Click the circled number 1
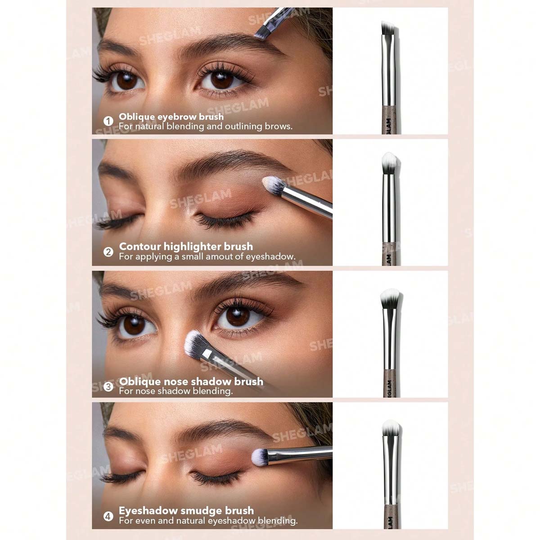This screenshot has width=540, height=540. pyautogui.click(x=108, y=121)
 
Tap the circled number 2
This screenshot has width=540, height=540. pyautogui.click(x=108, y=252)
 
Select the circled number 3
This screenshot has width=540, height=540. pyautogui.click(x=108, y=387)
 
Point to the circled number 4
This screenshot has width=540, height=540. pyautogui.click(x=108, y=516)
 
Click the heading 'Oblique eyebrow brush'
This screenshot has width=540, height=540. pyautogui.click(x=171, y=117)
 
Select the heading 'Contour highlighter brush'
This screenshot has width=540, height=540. pyautogui.click(x=186, y=247)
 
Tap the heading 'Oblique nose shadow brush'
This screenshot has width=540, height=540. pyautogui.click(x=191, y=382)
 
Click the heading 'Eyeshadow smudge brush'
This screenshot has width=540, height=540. pyautogui.click(x=186, y=511)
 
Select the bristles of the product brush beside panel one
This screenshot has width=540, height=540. pyautogui.click(x=388, y=28)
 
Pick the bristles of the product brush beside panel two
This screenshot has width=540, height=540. pyautogui.click(x=390, y=163)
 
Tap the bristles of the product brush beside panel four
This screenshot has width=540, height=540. pyautogui.click(x=391, y=427)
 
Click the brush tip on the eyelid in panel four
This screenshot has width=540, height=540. pyautogui.click(x=259, y=457)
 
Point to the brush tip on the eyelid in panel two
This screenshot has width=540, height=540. pyautogui.click(x=273, y=185)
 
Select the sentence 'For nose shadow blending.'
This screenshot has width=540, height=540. pyautogui.click(x=175, y=391)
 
